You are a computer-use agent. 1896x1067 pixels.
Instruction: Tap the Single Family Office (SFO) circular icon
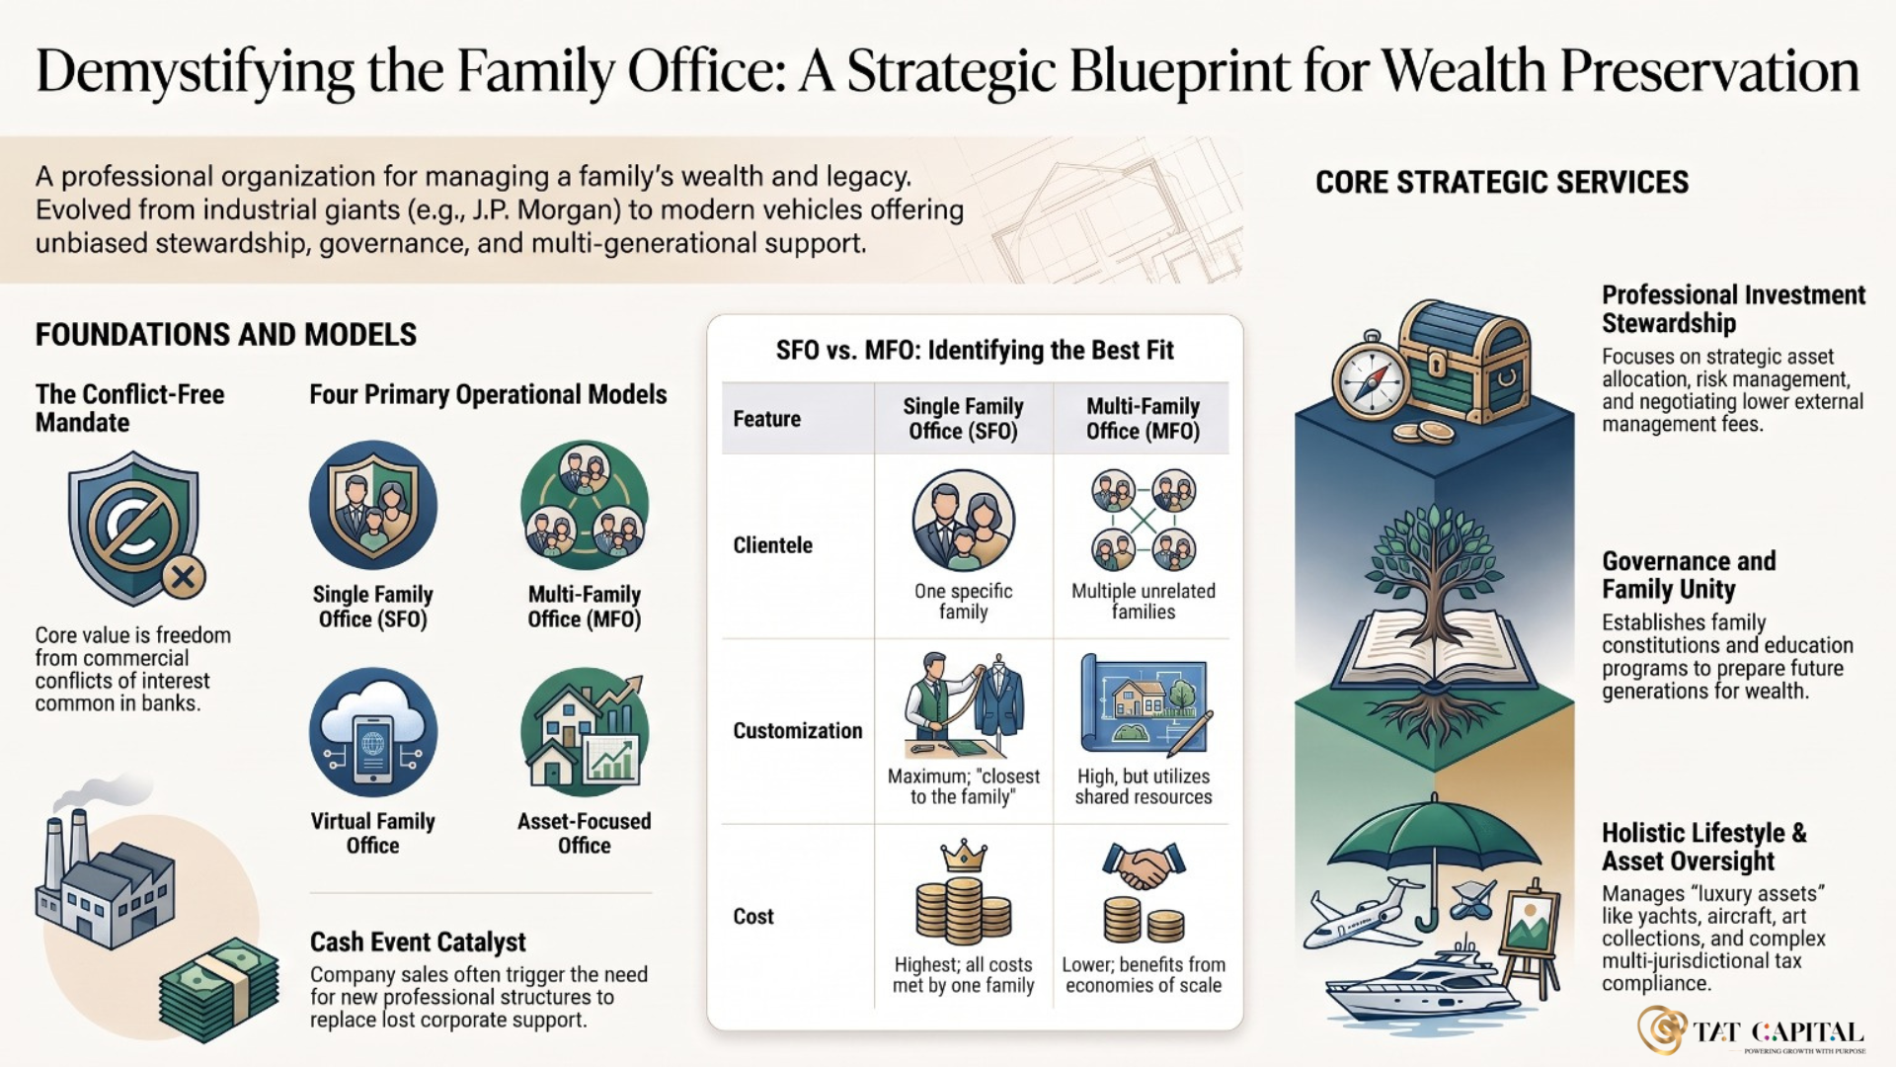click(373, 505)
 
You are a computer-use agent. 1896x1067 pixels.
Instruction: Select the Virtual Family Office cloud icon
click(373, 732)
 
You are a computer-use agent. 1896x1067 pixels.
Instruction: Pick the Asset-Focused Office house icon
click(585, 732)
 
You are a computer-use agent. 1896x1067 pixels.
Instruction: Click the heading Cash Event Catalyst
click(418, 942)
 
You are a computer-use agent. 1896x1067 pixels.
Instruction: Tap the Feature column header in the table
click(766, 419)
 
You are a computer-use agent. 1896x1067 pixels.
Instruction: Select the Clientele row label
click(772, 545)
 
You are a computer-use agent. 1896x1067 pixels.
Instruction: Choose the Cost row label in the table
click(753, 917)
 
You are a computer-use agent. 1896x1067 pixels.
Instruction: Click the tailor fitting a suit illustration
click(964, 705)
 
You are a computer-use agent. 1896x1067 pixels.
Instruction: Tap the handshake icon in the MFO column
click(1144, 867)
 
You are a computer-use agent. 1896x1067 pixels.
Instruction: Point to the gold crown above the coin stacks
click(963, 855)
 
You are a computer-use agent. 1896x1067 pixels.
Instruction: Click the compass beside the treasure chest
click(1370, 380)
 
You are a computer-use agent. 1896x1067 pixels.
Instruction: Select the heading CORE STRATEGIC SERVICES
click(1502, 183)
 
